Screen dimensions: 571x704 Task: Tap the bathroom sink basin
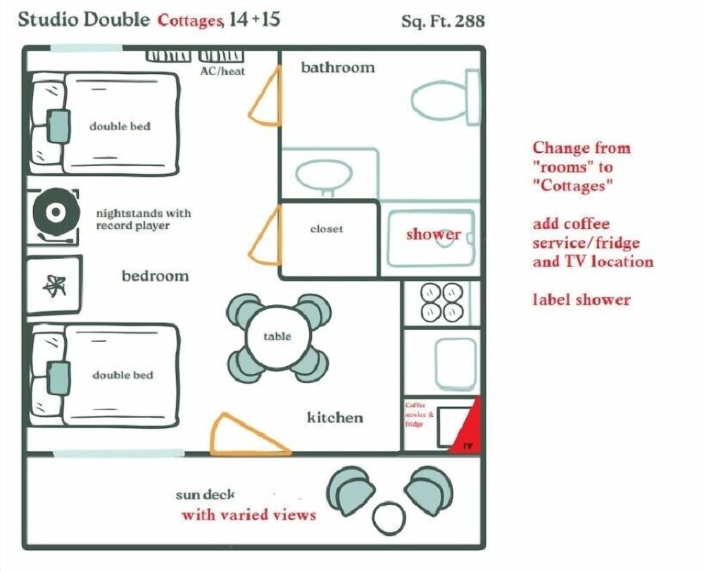click(x=323, y=173)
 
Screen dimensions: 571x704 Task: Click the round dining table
click(x=277, y=337)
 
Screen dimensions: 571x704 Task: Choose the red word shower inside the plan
click(x=433, y=234)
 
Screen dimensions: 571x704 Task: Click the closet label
click(x=327, y=229)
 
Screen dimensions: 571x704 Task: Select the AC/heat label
click(x=222, y=71)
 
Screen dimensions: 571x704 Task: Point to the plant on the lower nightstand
click(x=54, y=284)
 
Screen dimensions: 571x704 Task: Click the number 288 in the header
click(x=470, y=21)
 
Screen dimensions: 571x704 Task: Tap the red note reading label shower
click(x=581, y=299)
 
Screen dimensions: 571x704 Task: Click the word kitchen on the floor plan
click(x=335, y=418)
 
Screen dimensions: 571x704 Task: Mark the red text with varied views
click(x=249, y=515)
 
